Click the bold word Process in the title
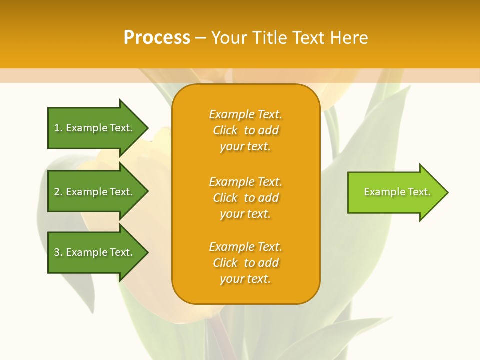157,38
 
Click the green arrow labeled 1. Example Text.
95,128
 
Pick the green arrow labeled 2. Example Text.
95,192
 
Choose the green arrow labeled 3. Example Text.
95,253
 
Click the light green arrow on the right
395,192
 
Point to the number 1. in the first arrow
58,128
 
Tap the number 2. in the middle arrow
58,192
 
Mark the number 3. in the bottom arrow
58,253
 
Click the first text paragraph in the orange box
245,130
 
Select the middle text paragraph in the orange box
245,198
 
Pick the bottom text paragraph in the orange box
245,263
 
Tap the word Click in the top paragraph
225,130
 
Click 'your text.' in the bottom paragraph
245,279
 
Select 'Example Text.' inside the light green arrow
397,192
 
